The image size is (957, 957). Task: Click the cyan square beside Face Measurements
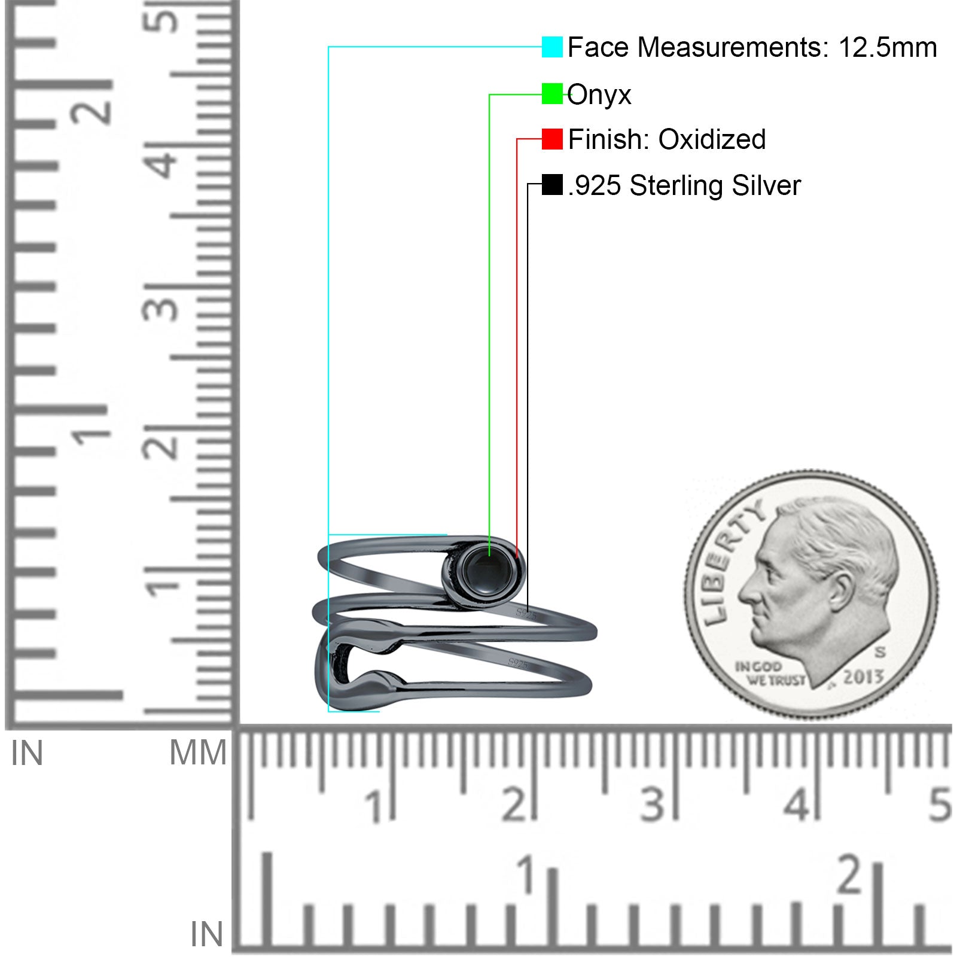click(x=552, y=47)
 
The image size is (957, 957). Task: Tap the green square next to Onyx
click(x=552, y=94)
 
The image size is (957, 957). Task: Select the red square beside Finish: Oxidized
click(x=552, y=139)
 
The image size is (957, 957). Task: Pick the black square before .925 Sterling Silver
click(x=552, y=184)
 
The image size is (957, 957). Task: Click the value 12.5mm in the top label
click(x=887, y=47)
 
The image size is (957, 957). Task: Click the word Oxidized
click(x=712, y=139)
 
